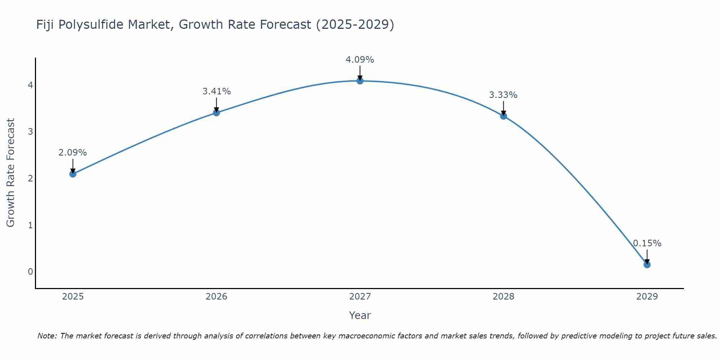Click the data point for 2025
click(x=73, y=174)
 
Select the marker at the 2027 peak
click(x=360, y=81)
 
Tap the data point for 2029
click(x=647, y=265)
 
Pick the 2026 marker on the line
click(x=216, y=113)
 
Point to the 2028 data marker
click(x=504, y=116)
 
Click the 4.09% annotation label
click(x=360, y=60)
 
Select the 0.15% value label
click(x=647, y=243)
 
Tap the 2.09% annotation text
click(x=73, y=153)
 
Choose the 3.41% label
click(x=216, y=91)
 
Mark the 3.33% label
click(x=503, y=95)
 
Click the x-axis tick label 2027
click(x=360, y=297)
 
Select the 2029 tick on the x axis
click(x=647, y=297)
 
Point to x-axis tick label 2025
click(x=73, y=297)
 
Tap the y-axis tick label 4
click(x=30, y=85)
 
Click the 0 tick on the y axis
click(x=30, y=272)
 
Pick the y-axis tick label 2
click(x=30, y=179)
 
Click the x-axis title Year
click(x=360, y=315)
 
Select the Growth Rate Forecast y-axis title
click(x=11, y=173)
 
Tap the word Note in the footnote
click(x=47, y=336)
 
